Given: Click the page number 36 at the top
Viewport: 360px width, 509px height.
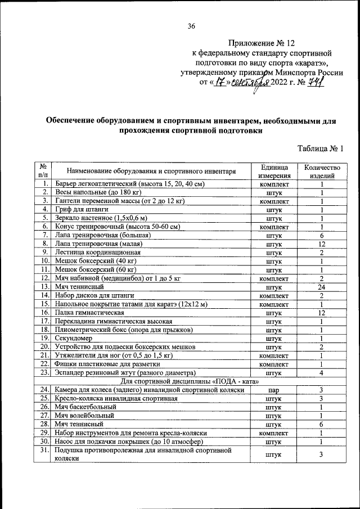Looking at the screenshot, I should [191, 26].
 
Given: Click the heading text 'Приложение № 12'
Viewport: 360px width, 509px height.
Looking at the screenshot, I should [262, 43].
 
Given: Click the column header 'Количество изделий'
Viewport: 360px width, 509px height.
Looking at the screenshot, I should [322, 172].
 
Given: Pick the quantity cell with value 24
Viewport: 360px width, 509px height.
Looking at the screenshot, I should [322, 286].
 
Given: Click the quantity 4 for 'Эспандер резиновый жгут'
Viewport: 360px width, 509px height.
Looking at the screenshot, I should [322, 372].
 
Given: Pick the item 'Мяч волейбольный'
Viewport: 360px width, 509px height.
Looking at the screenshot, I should [84, 415].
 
